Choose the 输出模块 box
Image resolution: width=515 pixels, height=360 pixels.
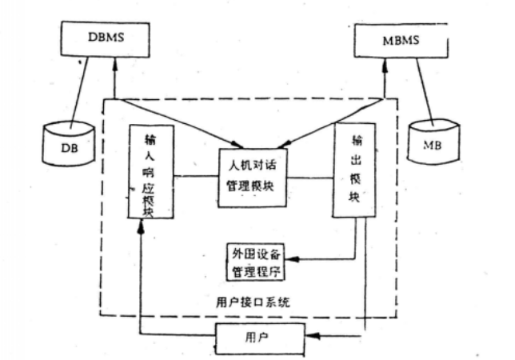353,170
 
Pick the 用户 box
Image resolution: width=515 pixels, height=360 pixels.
259,338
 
